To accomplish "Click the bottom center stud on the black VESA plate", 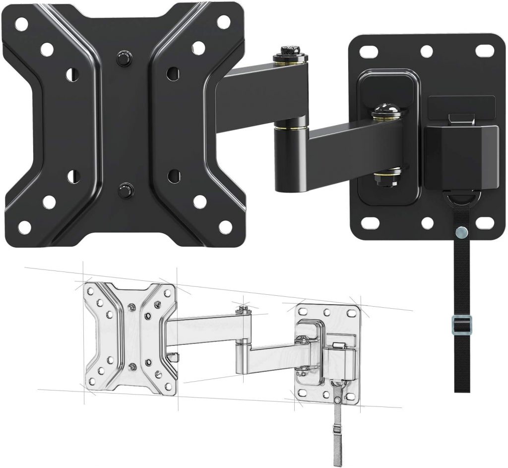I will click(x=124, y=190).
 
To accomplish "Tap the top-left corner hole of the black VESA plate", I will click(x=21, y=23).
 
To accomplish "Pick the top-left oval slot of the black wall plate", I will click(x=370, y=50).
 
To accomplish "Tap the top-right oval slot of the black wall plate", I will click(x=484, y=50).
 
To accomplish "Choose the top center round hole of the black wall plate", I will click(x=426, y=51).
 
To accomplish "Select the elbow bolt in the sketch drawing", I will click(x=243, y=309).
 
